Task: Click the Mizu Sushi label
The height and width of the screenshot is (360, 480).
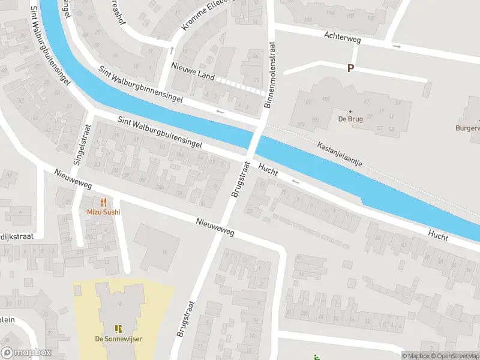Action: (x=103, y=212)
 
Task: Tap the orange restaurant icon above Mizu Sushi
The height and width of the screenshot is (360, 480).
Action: (x=103, y=202)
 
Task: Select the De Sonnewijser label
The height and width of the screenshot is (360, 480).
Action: (x=118, y=339)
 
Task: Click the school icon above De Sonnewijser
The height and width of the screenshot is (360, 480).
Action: (x=118, y=328)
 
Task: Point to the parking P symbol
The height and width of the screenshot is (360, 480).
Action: (x=350, y=68)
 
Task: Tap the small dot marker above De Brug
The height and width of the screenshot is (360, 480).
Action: (x=351, y=111)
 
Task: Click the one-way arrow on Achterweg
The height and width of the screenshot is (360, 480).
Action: (x=396, y=46)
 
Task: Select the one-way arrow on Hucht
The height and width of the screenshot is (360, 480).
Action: (x=295, y=181)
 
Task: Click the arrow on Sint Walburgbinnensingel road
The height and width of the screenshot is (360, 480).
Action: (x=220, y=112)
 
